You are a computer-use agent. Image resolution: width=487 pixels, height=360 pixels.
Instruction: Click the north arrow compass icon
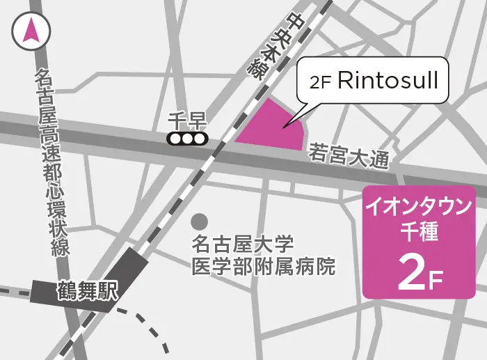pyautogui.click(x=31, y=31)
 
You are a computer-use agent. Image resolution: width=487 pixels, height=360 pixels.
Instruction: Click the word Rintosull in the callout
pyautogui.click(x=388, y=80)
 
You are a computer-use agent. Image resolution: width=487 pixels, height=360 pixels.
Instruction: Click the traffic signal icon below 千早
pyautogui.click(x=188, y=139)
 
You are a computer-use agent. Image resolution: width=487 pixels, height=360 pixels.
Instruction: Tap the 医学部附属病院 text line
pyautogui.click(x=264, y=266)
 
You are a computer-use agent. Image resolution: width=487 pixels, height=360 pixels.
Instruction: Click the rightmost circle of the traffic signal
pyautogui.click(x=200, y=139)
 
